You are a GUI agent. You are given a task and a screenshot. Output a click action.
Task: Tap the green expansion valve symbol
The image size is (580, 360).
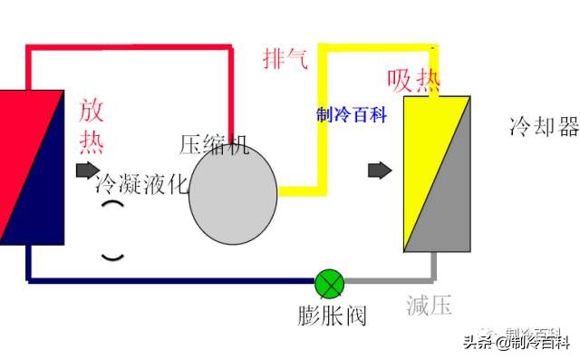[x=329, y=284]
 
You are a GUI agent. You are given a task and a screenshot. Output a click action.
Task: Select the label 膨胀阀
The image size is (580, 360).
[x=331, y=317]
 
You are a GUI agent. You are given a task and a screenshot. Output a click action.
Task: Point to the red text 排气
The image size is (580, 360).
[x=285, y=59]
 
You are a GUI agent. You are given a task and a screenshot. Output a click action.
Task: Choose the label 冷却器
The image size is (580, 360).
[x=544, y=127]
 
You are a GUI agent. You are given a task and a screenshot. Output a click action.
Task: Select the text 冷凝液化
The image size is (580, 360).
[x=141, y=184]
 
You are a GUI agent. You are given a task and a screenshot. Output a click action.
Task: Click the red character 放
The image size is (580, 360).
[x=92, y=112]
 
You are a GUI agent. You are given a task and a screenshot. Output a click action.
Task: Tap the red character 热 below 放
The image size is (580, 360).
[x=92, y=142]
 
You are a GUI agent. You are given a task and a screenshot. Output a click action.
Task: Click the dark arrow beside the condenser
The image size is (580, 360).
[x=87, y=170]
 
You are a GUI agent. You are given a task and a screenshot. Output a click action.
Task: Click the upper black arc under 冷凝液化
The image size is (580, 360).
[x=112, y=208]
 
